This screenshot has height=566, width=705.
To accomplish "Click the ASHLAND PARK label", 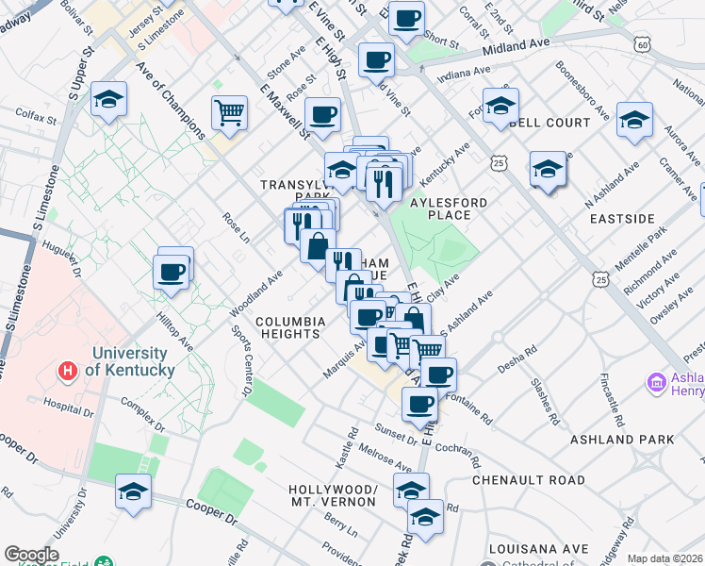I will coord(622,440).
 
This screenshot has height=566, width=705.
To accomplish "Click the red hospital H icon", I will coord(66,371).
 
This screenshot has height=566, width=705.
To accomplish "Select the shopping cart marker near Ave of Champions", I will coord(230,114).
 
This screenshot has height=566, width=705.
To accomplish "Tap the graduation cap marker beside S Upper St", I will coord(109,99).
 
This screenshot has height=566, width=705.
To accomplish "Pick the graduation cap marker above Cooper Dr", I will coord(133,492).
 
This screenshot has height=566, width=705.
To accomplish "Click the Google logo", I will coord(31,555).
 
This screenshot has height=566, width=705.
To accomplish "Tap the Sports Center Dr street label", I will coord(241,360).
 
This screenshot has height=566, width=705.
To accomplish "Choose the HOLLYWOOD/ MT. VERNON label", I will coord(334,496).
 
